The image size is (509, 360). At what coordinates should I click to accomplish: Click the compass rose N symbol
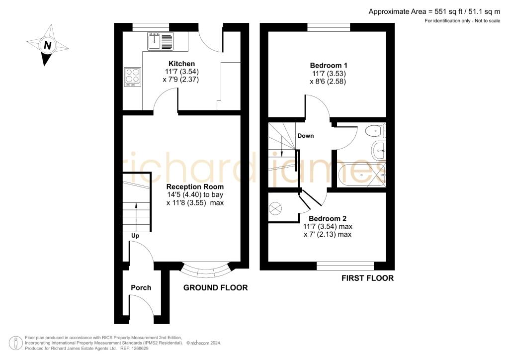click(x=47, y=45)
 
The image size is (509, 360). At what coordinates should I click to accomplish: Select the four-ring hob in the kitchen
click(x=132, y=77)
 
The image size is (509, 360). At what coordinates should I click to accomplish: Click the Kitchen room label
click(x=181, y=64)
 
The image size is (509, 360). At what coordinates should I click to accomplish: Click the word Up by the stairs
click(x=134, y=235)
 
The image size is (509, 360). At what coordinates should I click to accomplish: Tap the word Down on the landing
click(x=305, y=136)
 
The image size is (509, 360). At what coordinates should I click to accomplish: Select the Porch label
click(x=141, y=287)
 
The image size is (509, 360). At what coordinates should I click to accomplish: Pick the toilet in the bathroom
click(x=374, y=131)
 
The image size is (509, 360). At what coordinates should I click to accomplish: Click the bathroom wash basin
click(x=380, y=149)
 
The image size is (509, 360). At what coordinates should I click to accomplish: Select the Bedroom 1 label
click(x=329, y=65)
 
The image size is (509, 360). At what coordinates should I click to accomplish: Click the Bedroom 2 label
click(x=328, y=218)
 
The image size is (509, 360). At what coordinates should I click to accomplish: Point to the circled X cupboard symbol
click(x=275, y=208)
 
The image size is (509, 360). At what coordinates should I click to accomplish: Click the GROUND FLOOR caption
click(x=215, y=288)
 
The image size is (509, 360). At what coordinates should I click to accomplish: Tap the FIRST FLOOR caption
click(x=367, y=278)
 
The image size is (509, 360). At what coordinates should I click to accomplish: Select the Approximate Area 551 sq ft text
click(x=437, y=11)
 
